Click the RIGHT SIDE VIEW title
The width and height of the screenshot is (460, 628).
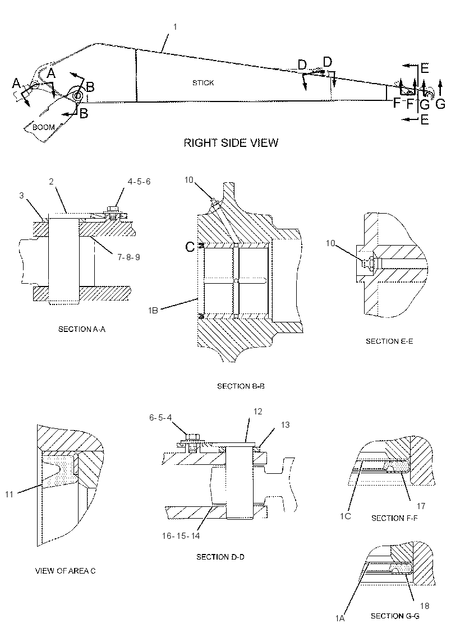(x=231, y=142)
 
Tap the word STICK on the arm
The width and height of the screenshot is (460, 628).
(x=203, y=82)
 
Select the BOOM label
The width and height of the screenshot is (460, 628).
(x=43, y=127)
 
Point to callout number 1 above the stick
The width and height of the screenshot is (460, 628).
(x=175, y=27)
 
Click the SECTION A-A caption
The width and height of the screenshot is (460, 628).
(x=82, y=329)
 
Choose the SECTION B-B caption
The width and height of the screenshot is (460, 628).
(x=241, y=386)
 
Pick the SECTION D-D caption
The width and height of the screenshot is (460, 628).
(x=220, y=557)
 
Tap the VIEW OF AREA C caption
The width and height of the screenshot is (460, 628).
(x=65, y=571)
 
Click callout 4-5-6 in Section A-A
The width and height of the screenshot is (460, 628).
(x=139, y=182)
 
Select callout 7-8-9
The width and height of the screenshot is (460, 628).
(x=128, y=257)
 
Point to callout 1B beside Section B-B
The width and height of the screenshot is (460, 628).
(x=153, y=310)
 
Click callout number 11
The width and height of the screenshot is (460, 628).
(x=9, y=495)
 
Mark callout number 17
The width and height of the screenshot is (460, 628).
(x=421, y=506)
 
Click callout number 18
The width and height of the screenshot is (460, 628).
(x=424, y=606)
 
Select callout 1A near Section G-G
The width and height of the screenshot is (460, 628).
(x=340, y=618)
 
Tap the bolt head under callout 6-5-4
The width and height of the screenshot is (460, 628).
(x=192, y=437)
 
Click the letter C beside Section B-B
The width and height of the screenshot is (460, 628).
(x=190, y=247)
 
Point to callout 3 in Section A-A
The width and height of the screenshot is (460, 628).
(x=22, y=196)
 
